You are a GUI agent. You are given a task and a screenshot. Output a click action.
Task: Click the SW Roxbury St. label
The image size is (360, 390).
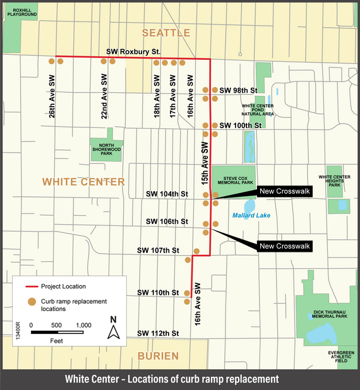(134, 51)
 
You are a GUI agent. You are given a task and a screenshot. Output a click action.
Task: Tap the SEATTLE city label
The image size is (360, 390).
(165, 33)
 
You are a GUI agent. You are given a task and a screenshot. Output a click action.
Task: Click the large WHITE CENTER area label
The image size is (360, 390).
(83, 182)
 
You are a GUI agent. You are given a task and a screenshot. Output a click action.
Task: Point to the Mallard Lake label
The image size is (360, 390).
(251, 216)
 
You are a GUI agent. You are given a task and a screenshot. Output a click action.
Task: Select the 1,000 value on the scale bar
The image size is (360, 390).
(84, 325)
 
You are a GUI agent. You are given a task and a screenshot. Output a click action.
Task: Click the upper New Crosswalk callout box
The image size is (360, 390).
(284, 193)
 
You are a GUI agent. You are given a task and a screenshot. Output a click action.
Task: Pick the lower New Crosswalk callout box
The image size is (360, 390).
(284, 246)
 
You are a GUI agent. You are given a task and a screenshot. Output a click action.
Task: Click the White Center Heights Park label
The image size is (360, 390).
(334, 181)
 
